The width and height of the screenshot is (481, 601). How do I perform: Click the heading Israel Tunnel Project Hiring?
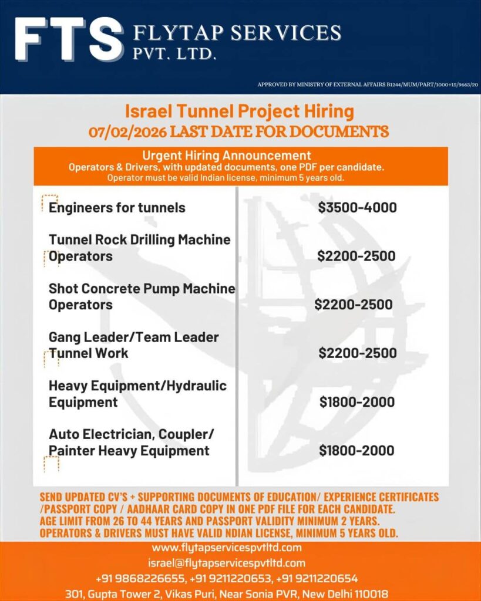[x=240, y=110]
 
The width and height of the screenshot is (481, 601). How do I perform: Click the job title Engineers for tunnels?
[x=117, y=207]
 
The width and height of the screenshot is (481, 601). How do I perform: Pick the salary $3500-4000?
[x=357, y=207]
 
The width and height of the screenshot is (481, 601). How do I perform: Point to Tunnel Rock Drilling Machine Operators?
[x=140, y=248]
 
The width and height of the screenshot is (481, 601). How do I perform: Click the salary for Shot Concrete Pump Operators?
[x=353, y=305]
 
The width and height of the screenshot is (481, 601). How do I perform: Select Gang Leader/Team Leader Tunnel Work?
[x=133, y=345]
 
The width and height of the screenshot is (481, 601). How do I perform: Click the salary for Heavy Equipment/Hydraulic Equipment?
[x=356, y=402]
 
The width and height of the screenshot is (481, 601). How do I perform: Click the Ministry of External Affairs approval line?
[x=368, y=85]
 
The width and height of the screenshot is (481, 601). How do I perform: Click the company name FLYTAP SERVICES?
[x=237, y=32]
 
